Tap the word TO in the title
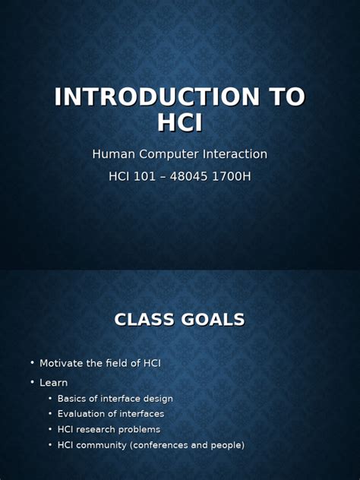(285, 97)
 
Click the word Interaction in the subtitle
(235, 154)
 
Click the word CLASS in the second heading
(144, 320)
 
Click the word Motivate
(65, 363)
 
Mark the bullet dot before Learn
(33, 383)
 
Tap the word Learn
(54, 383)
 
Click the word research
(99, 430)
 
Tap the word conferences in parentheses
(161, 445)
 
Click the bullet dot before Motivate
(33, 363)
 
